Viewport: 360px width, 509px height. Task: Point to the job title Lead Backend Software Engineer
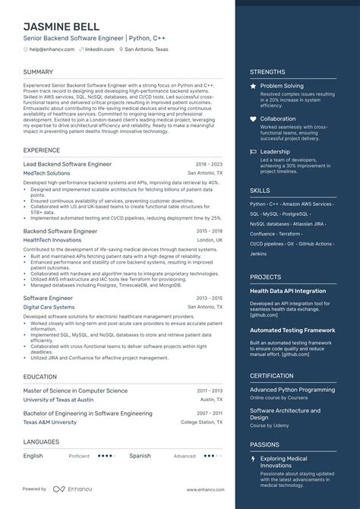click(68, 163)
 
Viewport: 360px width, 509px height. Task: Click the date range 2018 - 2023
click(208, 163)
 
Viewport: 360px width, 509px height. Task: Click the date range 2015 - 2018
click(208, 229)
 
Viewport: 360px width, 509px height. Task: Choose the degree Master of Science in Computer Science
click(75, 390)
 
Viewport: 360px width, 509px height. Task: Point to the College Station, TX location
click(201, 422)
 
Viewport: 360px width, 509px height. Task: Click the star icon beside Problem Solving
click(254, 87)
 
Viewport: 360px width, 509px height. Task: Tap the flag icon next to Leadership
click(254, 151)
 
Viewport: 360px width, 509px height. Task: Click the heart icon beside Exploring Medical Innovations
click(254, 460)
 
